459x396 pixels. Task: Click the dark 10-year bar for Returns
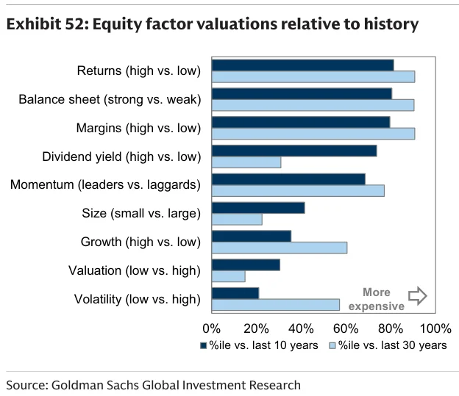click(302, 65)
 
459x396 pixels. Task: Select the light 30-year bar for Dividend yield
click(246, 162)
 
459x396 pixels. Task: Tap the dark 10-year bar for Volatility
click(235, 293)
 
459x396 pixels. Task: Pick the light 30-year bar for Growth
click(280, 248)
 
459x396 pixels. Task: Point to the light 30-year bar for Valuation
click(229, 276)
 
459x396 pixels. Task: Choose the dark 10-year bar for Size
click(258, 208)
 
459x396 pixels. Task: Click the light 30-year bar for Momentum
click(298, 191)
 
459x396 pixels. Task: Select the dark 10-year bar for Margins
click(301, 122)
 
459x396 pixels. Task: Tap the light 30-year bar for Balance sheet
click(313, 105)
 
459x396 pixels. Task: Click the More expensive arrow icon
click(418, 295)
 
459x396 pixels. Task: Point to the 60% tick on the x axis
click(346, 328)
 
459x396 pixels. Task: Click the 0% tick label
click(212, 328)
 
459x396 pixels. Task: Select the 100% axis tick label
click(435, 328)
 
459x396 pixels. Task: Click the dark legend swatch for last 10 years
click(204, 346)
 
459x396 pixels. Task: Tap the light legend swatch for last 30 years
click(332, 346)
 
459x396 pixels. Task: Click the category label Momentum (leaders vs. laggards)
click(105, 185)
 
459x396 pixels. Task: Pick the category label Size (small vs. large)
click(141, 213)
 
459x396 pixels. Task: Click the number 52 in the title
click(74, 24)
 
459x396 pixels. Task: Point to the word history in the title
click(391, 25)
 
